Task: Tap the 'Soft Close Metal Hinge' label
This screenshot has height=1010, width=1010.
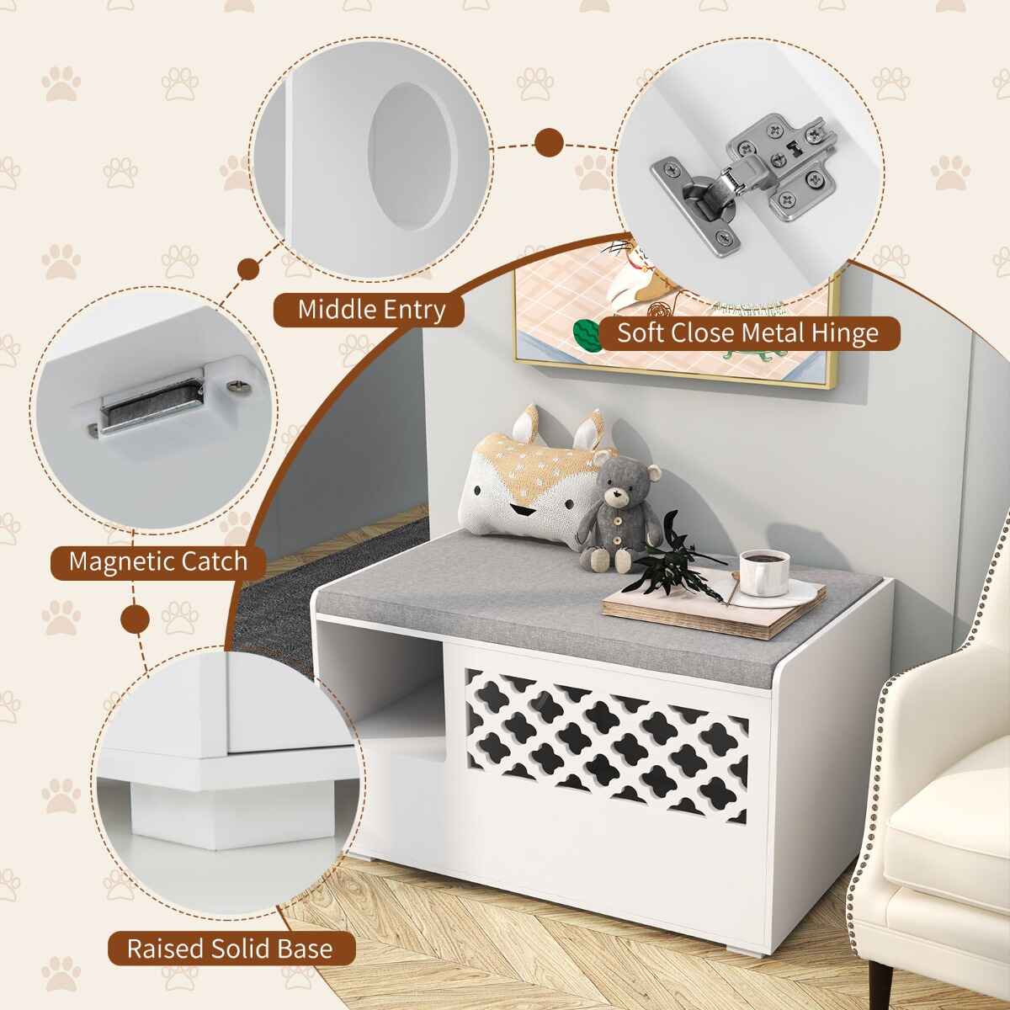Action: [x=748, y=332]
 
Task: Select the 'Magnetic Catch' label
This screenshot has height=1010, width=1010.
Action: [x=158, y=561]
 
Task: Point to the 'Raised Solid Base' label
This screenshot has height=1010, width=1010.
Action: [x=231, y=934]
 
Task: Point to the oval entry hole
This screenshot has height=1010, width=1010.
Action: [x=412, y=157]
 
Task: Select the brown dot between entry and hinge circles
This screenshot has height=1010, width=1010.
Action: [x=549, y=142]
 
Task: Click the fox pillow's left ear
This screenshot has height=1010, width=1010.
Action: [x=527, y=423]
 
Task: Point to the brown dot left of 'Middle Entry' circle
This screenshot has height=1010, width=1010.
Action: [x=249, y=269]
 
